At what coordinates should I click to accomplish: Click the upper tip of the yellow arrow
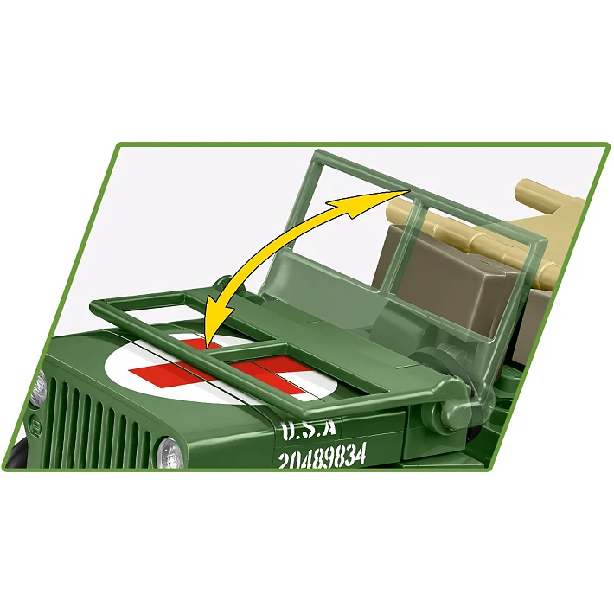pyautogui.click(x=410, y=191)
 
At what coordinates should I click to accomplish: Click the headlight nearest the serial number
pyautogui.click(x=170, y=453)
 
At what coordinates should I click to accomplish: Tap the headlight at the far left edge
pyautogui.click(x=39, y=387)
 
